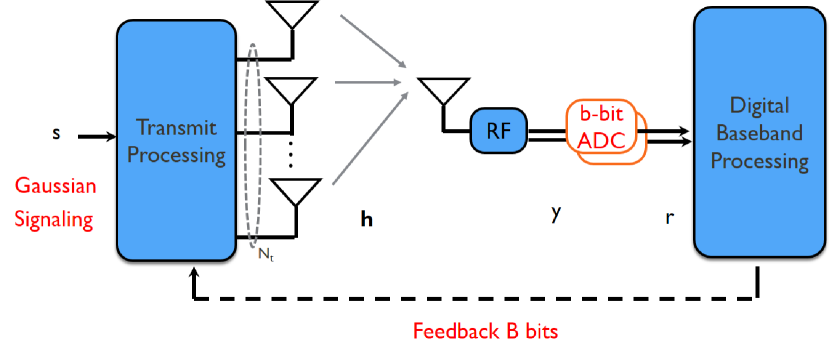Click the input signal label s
point(56,132)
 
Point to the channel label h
point(367,216)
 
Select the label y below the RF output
point(555,212)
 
